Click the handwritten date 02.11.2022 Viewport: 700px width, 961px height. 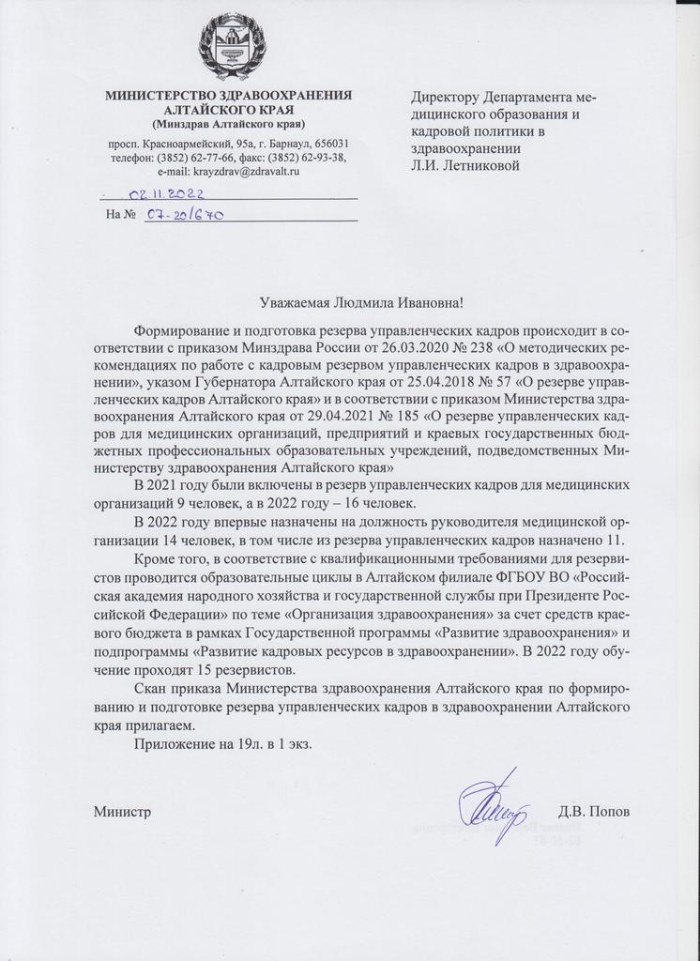166,194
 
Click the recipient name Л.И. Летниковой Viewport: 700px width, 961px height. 469,165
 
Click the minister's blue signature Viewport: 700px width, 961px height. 491,805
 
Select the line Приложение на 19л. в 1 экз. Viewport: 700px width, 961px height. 221,743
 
